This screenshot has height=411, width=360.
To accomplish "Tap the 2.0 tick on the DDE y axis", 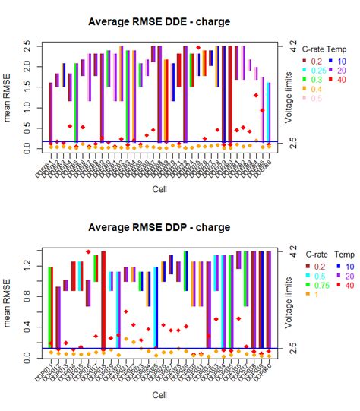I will [x=28, y=68].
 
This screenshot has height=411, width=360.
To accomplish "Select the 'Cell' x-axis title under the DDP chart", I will [x=159, y=395].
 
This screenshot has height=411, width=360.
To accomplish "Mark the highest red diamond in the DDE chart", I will [x=198, y=48].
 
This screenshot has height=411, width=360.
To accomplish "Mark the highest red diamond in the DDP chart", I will [x=88, y=251].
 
